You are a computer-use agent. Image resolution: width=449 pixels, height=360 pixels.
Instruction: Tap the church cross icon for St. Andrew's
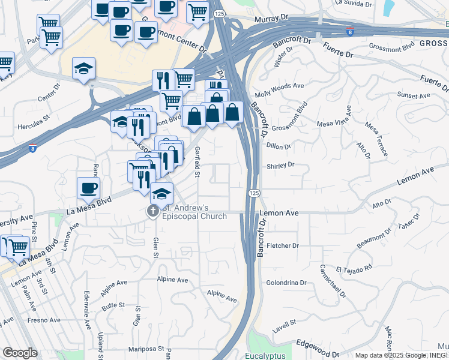tap(152, 212)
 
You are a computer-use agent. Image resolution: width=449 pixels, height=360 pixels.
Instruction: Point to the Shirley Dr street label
tap(280, 164)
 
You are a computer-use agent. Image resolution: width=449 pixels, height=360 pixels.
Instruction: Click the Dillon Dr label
tap(279, 146)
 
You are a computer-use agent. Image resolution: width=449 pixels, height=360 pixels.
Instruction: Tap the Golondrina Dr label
tap(286, 283)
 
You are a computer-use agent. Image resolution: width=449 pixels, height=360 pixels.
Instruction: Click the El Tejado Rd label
tap(354, 265)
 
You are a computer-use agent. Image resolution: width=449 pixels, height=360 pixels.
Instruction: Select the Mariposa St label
tap(145, 348)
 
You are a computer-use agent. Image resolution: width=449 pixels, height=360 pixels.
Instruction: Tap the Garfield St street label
tap(197, 161)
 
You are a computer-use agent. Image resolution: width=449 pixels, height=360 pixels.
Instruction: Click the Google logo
tap(20, 353)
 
